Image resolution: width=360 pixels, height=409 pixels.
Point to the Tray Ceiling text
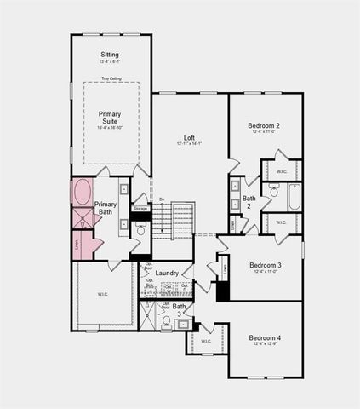(111, 79)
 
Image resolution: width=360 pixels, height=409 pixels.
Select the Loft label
(190, 137)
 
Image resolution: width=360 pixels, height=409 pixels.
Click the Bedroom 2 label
(266, 125)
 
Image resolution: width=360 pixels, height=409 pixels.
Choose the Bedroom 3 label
(266, 265)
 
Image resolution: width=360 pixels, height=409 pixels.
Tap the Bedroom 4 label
(266, 338)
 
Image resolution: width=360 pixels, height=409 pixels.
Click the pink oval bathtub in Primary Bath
(82, 193)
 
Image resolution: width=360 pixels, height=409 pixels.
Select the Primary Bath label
(106, 208)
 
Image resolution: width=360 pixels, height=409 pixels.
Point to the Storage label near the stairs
(140, 207)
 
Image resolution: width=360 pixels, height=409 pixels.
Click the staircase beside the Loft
(183, 221)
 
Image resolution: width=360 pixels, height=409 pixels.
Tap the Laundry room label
(167, 273)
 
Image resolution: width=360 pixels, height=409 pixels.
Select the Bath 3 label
(180, 309)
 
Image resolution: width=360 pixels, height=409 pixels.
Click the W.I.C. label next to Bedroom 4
(207, 341)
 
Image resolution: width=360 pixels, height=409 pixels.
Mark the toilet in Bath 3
(166, 321)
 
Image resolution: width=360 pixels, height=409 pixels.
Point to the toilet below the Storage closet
(141, 229)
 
